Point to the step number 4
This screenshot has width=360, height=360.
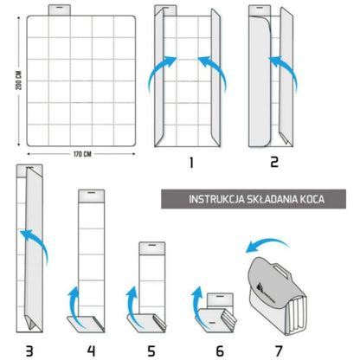89,350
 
